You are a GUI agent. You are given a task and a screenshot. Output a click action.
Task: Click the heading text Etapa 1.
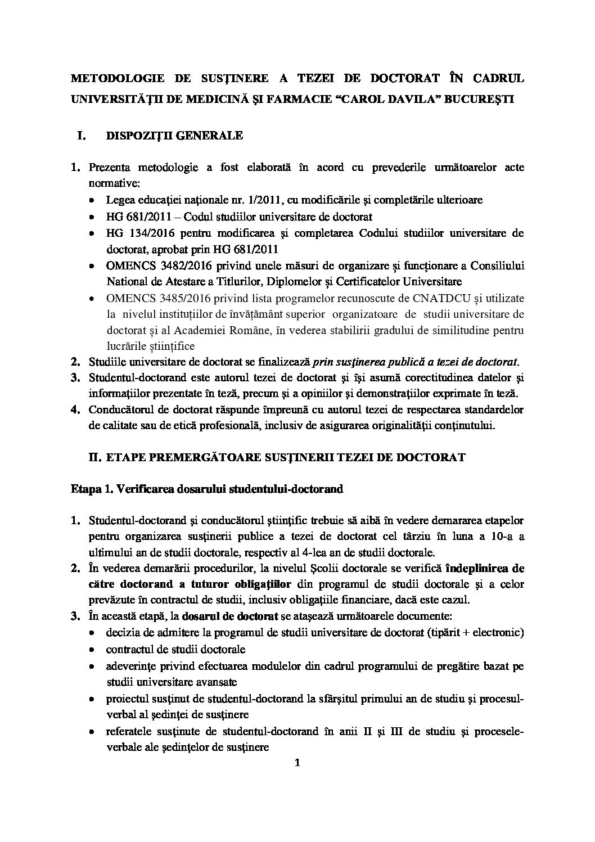pos(90,489)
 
